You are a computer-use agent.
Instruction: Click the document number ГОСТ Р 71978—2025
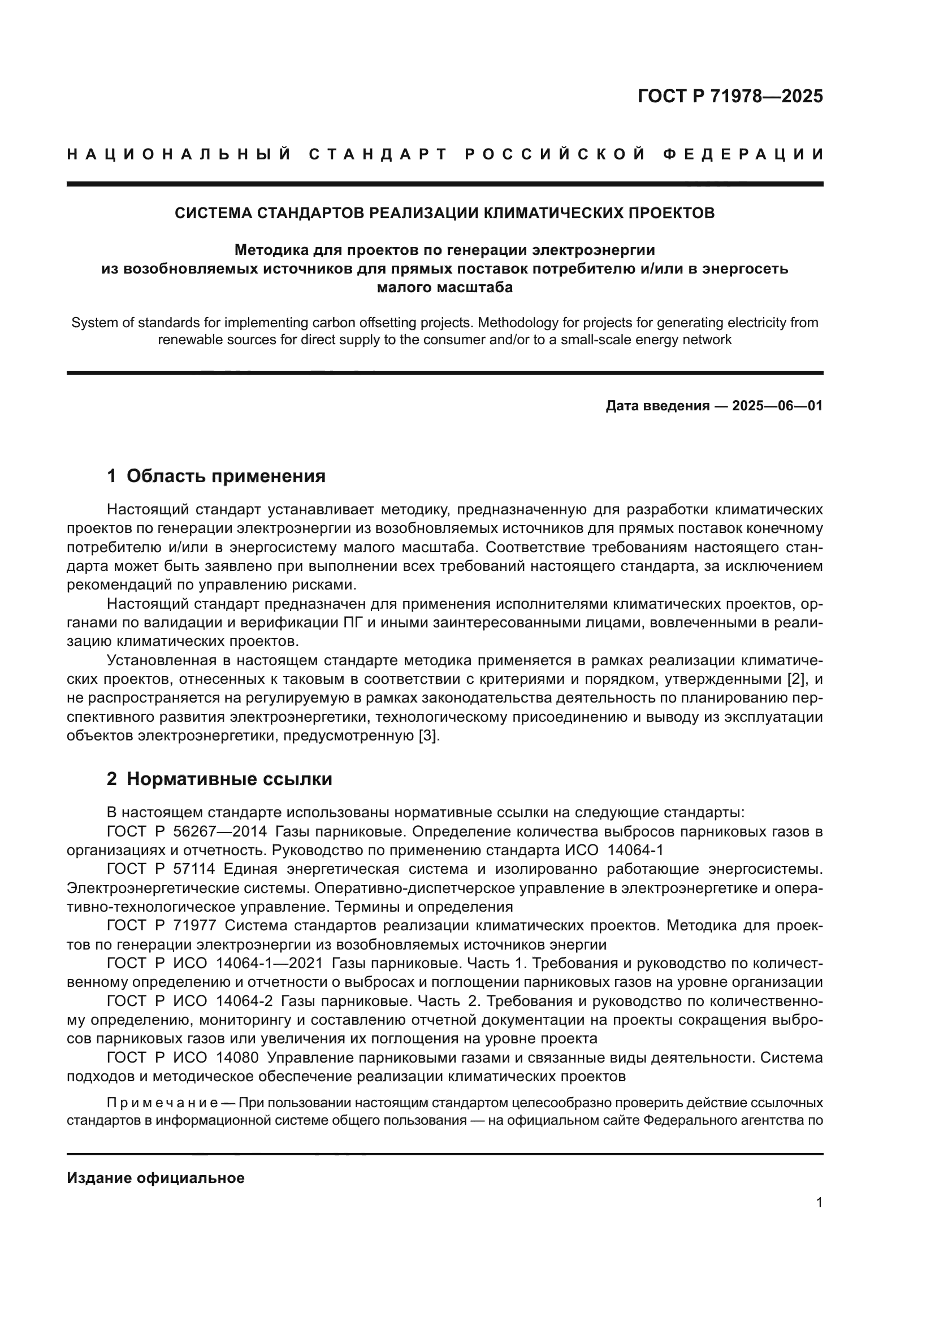[x=730, y=96]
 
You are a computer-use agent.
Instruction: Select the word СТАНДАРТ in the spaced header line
[x=378, y=154]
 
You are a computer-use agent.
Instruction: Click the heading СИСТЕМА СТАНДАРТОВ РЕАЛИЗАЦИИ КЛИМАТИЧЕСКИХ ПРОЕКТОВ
[x=444, y=213]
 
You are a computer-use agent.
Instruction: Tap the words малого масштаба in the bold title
[x=444, y=287]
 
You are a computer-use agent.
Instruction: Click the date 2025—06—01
[x=777, y=406]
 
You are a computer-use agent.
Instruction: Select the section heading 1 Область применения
[x=216, y=476]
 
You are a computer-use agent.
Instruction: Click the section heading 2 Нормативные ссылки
[x=219, y=779]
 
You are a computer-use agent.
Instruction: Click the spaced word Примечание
[x=162, y=1103]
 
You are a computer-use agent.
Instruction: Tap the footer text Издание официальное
[x=155, y=1178]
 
